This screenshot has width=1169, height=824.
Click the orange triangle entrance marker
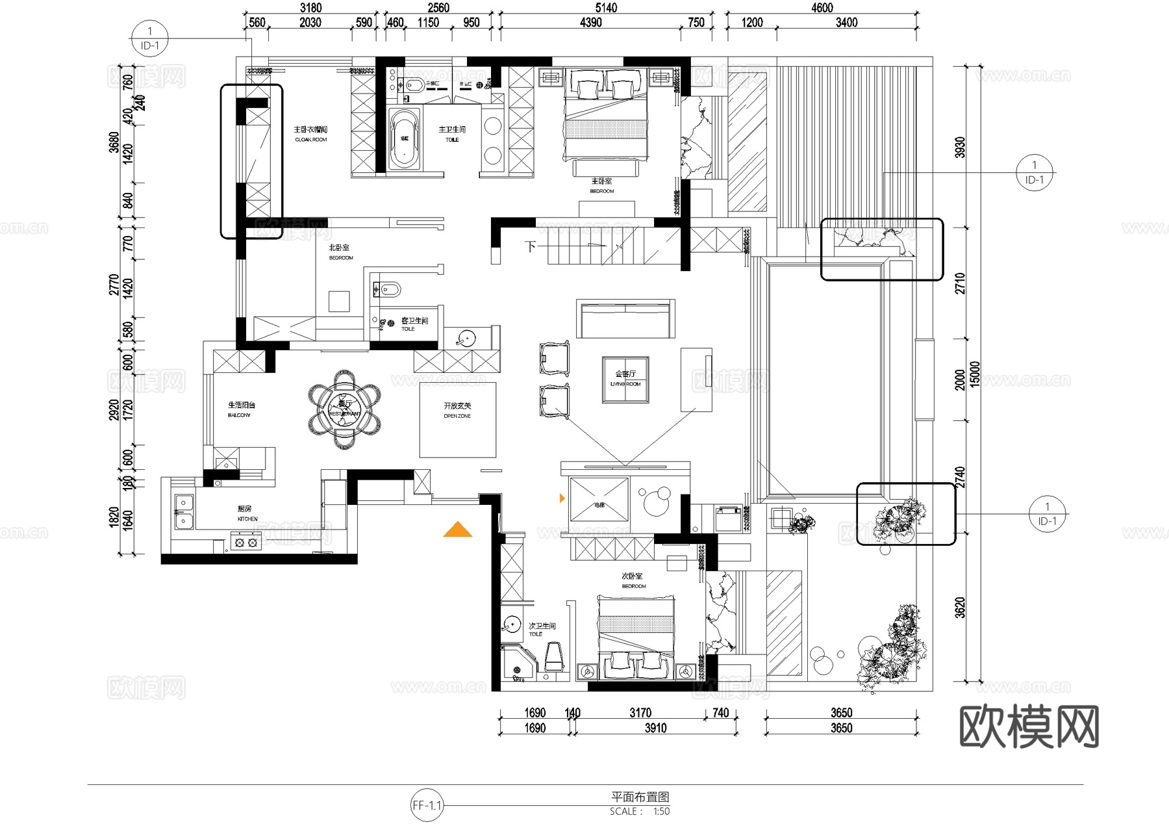pyautogui.click(x=458, y=530)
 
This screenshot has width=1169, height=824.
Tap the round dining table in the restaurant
pyautogui.click(x=344, y=409)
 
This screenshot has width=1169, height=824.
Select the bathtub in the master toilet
pyautogui.click(x=404, y=138)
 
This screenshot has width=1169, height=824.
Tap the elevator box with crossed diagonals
pyautogui.click(x=599, y=499)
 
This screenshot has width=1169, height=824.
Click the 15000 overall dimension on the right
pyautogui.click(x=974, y=374)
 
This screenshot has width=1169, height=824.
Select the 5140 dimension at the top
pyautogui.click(x=606, y=8)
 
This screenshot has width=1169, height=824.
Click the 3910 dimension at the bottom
pyautogui.click(x=655, y=728)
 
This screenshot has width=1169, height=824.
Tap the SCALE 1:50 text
pyautogui.click(x=640, y=812)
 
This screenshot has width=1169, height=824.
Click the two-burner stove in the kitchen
pyautogui.click(x=245, y=542)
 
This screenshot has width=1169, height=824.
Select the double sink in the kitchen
pyautogui.click(x=184, y=512)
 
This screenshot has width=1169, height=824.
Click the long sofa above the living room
pyautogui.click(x=625, y=318)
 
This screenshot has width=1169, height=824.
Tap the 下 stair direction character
pyautogui.click(x=531, y=247)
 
